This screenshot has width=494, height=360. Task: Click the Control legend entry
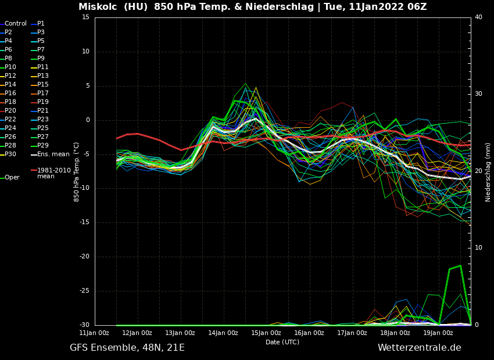pos(16,24)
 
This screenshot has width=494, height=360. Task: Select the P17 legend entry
pos(43,93)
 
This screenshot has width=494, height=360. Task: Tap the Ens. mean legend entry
pos(53,154)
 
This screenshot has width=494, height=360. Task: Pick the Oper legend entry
pos(12,178)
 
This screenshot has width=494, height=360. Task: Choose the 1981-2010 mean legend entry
pos(53,173)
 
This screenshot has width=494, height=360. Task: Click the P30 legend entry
pos(10,154)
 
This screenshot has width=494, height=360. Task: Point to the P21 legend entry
pos(43,110)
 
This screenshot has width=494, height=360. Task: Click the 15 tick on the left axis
pos(85,17)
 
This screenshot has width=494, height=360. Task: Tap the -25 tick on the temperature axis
pos(84,291)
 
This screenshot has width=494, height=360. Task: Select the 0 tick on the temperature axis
pos(88,120)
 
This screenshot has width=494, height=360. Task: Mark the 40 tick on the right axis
pos(478,17)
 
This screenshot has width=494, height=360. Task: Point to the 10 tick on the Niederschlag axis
pos(478,248)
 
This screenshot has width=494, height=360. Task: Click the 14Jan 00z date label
pos(223,333)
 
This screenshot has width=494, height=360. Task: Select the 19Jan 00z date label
pos(438,333)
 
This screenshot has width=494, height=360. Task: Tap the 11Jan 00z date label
pos(94,333)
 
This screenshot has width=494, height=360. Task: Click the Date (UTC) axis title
pos(282,343)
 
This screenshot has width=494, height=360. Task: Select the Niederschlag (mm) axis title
pos(488,172)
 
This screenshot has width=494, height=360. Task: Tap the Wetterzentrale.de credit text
pos(419,348)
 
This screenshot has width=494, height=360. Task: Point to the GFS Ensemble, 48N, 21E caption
pos(127,348)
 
